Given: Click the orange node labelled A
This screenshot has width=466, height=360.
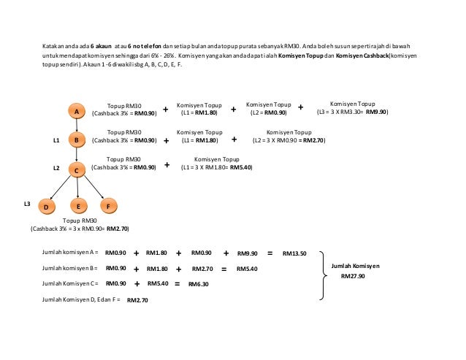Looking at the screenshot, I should click(x=76, y=111).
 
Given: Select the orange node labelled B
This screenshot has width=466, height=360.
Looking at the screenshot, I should click(x=76, y=139).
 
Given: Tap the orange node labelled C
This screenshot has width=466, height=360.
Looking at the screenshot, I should click(x=76, y=169).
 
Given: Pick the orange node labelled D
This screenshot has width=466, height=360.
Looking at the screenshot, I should click(x=46, y=207).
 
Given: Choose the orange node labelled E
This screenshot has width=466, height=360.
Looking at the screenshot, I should click(x=78, y=207).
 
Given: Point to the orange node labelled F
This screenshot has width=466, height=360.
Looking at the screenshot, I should click(x=108, y=207).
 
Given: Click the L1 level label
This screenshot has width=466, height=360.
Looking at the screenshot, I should click(x=56, y=139).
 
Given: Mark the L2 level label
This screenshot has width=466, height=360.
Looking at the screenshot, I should click(x=56, y=168).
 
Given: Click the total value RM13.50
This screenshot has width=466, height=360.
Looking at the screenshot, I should click(x=294, y=253).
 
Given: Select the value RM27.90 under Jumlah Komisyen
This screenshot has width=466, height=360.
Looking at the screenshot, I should click(x=353, y=277).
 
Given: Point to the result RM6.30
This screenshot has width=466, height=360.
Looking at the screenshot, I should click(x=198, y=284).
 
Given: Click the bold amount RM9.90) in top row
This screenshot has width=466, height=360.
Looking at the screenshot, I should click(x=377, y=113).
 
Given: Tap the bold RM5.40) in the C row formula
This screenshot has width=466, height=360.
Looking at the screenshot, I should click(x=241, y=167).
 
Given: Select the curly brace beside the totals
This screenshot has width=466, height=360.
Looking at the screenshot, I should click(x=323, y=276).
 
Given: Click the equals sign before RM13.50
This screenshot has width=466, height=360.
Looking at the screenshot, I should click(x=270, y=253).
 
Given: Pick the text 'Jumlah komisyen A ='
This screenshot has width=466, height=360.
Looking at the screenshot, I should click(x=70, y=253).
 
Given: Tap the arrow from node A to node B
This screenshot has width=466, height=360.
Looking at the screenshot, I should click(x=76, y=125).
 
